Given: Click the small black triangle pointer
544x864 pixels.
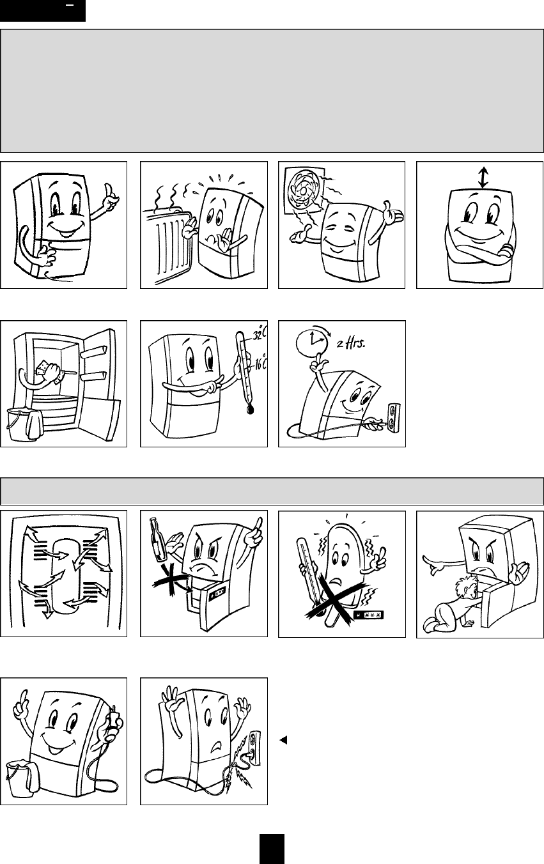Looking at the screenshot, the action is click(x=283, y=740).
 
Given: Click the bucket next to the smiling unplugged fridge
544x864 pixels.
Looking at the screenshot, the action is click(x=23, y=776).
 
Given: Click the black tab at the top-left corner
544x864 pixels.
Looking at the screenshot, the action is click(x=43, y=11).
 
